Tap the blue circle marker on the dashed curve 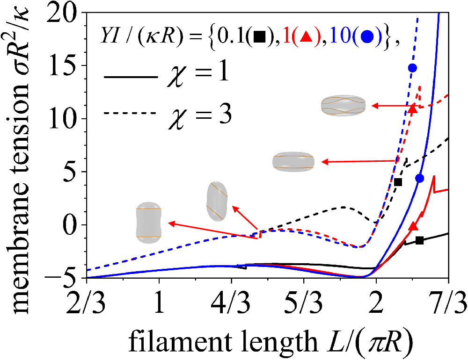(x=412, y=68)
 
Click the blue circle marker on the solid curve (x=419, y=178)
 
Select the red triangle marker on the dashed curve (x=412, y=109)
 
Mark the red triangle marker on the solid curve (x=413, y=226)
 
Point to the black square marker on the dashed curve (x=398, y=182)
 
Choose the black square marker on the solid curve (x=420, y=240)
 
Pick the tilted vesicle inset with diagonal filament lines (x=217, y=201)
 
